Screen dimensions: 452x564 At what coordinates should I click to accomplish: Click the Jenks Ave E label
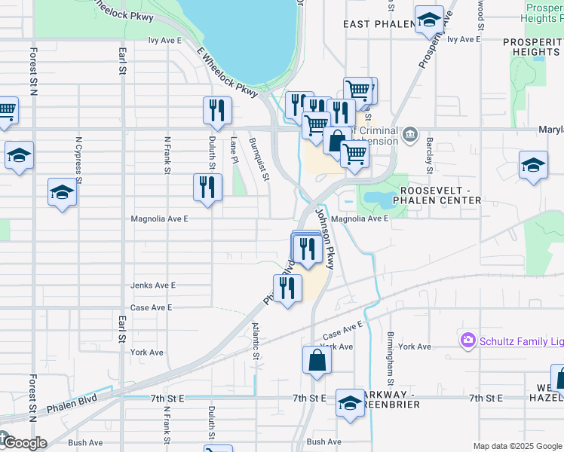click(x=152, y=286)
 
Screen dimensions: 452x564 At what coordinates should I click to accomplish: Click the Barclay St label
click(x=428, y=151)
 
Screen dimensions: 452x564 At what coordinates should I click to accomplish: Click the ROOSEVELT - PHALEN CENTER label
click(x=431, y=195)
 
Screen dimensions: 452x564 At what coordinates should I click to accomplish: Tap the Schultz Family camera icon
click(x=468, y=341)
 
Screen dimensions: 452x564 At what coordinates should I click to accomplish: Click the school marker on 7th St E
click(x=350, y=403)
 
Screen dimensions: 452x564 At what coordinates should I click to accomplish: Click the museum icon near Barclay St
click(x=409, y=135)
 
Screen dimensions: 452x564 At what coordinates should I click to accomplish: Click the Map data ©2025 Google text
click(x=516, y=445)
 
